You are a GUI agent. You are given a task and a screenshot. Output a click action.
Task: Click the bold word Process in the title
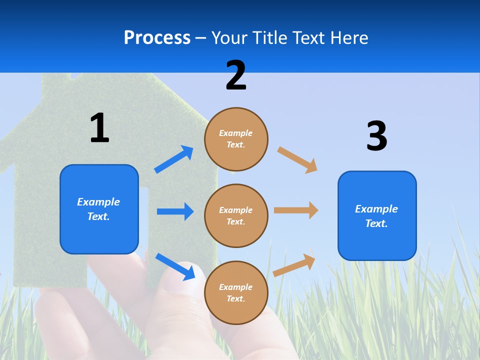click(157, 38)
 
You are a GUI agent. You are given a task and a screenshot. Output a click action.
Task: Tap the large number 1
click(99, 128)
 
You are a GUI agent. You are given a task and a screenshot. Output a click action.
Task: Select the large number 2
click(236, 75)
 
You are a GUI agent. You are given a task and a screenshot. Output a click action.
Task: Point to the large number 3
click(376, 136)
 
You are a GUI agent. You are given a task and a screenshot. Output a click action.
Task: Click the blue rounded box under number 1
click(99, 209)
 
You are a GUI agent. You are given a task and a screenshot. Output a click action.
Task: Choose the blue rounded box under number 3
click(377, 215)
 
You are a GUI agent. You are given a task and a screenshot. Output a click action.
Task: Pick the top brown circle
click(236, 139)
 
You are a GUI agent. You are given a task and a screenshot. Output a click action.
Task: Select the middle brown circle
click(236, 215)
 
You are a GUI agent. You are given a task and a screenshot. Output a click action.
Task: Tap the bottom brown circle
click(236, 292)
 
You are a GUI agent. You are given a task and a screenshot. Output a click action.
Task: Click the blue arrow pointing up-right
click(174, 159)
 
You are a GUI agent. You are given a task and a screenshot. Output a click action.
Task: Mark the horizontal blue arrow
click(175, 211)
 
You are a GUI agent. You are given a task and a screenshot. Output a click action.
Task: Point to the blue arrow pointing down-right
click(175, 266)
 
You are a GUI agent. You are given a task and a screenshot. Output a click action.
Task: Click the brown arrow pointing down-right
click(297, 159)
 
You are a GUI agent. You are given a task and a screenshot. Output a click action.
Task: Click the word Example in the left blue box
click(98, 202)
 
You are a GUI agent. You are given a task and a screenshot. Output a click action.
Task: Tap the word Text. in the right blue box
click(376, 223)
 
